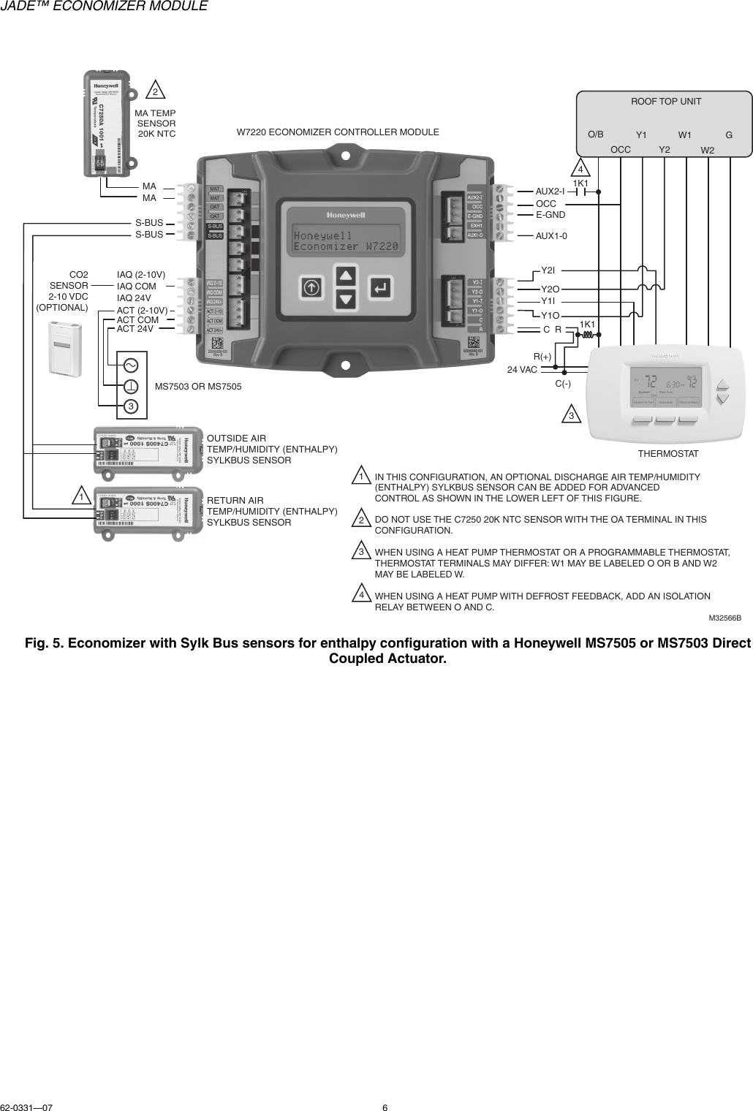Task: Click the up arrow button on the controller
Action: coord(346,276)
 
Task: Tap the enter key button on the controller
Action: coord(380,287)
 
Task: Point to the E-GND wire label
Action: coord(550,215)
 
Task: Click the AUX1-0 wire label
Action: coord(551,236)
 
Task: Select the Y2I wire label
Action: coord(548,271)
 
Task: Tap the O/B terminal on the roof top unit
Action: coord(596,134)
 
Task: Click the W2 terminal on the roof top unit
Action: coord(708,150)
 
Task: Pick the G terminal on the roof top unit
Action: coord(729,135)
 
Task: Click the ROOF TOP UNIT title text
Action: coord(665,101)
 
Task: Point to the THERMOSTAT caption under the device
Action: coord(668,454)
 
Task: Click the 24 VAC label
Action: coord(522,370)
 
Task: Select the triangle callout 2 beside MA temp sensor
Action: coord(156,91)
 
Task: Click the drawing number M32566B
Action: coord(724,618)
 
